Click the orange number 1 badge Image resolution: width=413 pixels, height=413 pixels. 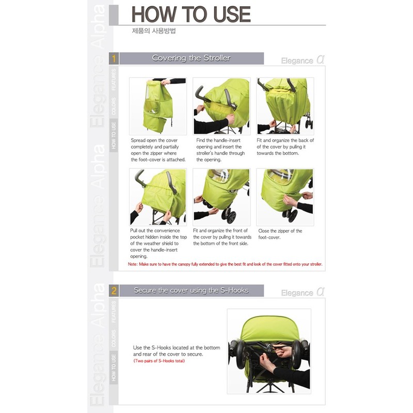tap(114, 58)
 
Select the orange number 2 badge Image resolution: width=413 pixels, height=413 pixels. tap(114, 291)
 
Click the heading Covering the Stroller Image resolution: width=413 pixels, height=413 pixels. tap(191, 58)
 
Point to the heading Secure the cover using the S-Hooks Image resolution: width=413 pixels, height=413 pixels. tap(191, 291)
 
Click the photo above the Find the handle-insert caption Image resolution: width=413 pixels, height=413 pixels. tap(221, 106)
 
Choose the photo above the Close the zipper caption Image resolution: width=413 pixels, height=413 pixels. tap(285, 197)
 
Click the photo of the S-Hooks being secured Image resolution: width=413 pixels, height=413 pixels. tap(268, 351)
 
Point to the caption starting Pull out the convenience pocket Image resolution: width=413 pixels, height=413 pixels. tap(155, 243)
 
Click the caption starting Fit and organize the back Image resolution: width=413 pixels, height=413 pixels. tap(285, 147)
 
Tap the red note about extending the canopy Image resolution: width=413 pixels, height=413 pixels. tap(225, 264)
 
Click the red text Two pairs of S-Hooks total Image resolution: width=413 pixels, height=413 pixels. tap(159, 361)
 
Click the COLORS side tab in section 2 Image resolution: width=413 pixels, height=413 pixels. tap(114, 338)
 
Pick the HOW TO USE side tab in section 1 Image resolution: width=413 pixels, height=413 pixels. tap(114, 135)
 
